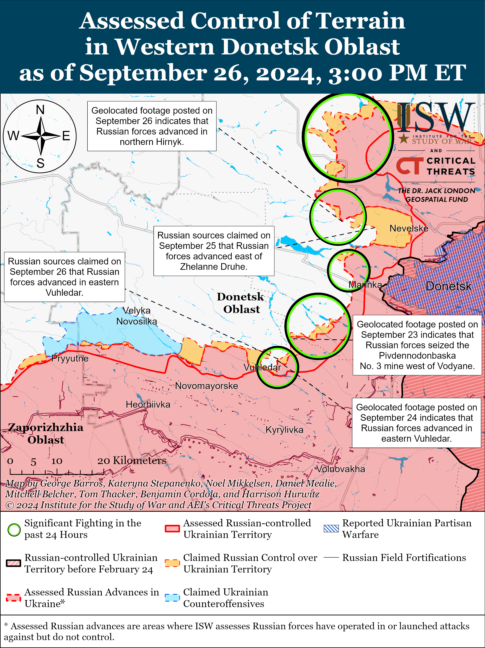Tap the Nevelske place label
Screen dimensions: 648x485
pos(409,228)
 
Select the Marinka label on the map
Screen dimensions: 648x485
pos(365,285)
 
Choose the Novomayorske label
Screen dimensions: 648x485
pos(206,386)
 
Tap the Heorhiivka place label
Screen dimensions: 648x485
pos(148,405)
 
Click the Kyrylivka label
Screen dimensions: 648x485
pos(284,430)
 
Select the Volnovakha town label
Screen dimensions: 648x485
pos(341,469)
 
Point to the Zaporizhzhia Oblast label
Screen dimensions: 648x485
pos(46,434)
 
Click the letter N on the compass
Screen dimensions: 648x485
pos(40,110)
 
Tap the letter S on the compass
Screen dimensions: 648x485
pos(40,163)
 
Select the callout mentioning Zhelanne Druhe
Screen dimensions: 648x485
pos(214,251)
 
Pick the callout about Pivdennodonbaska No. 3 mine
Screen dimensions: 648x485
pos(417,345)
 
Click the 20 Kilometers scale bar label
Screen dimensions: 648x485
pos(132,461)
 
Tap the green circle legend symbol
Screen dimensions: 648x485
pos(14,530)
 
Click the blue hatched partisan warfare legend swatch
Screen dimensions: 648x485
pos(331,528)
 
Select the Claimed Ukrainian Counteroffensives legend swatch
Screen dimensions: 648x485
pos(172,598)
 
